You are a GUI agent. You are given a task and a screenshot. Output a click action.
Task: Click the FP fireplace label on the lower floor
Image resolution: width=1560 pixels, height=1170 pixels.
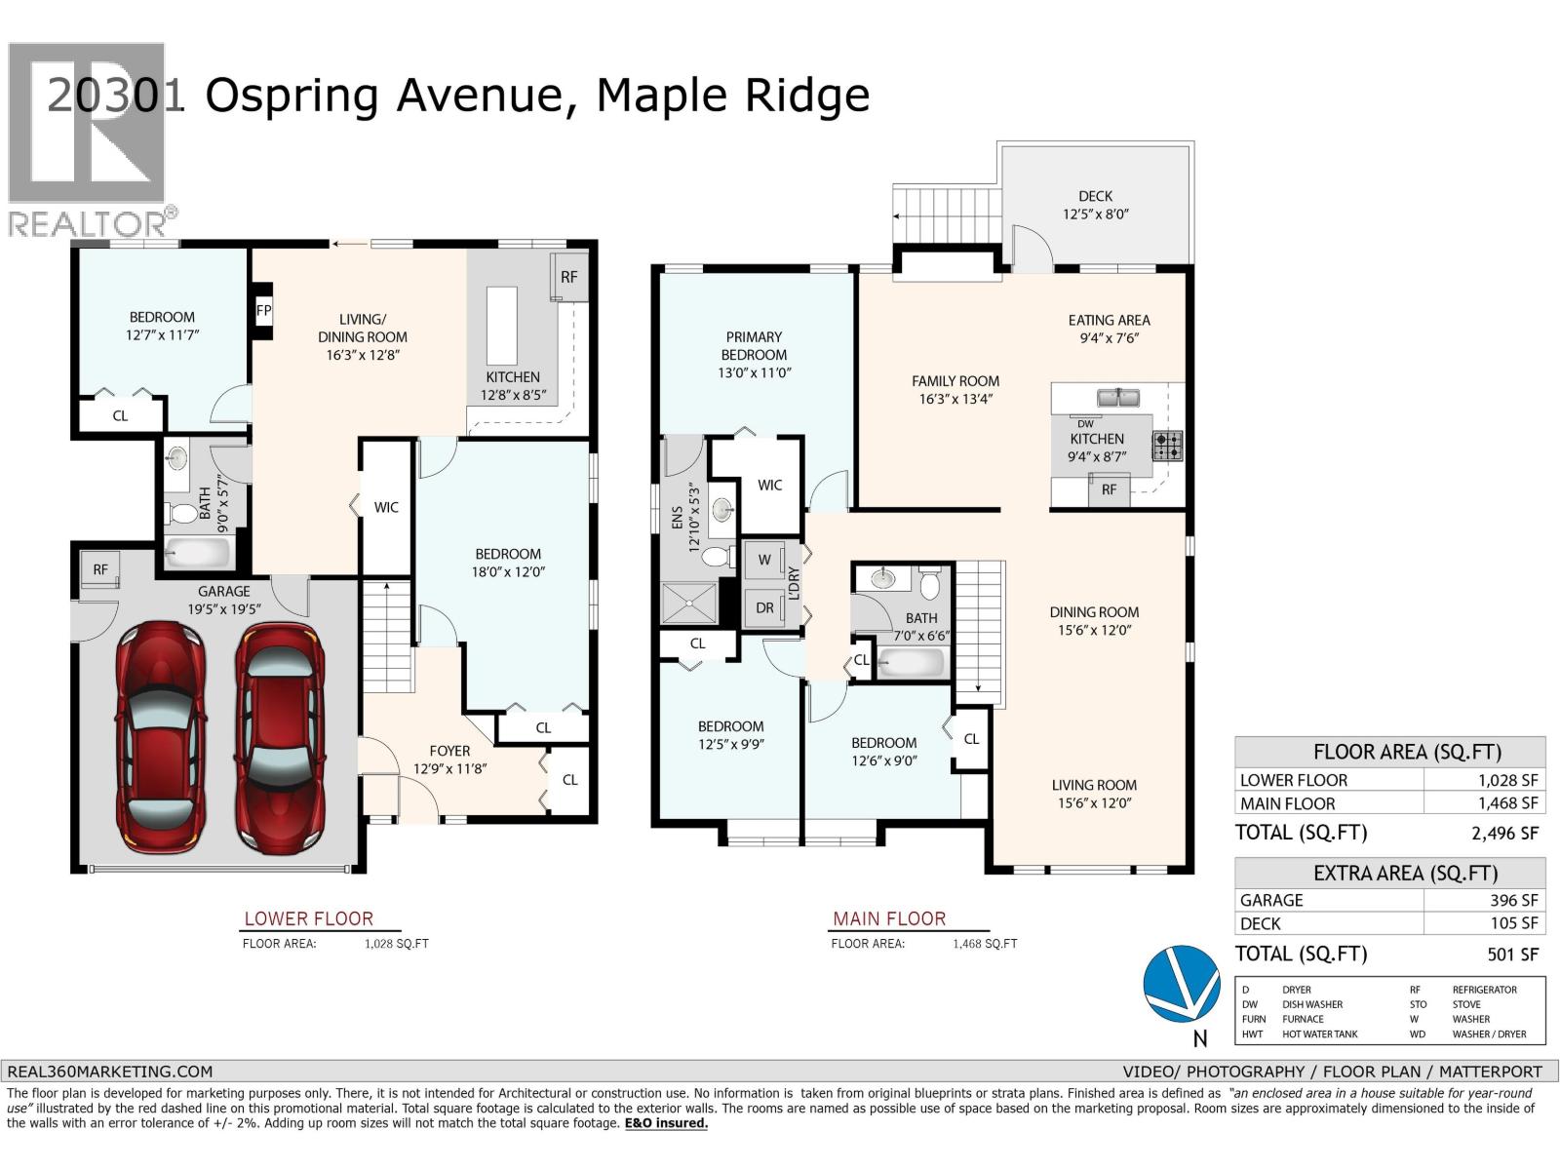pyautogui.click(x=263, y=311)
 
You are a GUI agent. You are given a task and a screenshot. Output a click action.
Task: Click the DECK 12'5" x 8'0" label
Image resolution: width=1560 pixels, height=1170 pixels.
pyautogui.click(x=1095, y=205)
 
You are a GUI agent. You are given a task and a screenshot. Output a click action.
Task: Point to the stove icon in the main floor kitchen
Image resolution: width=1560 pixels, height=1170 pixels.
pyautogui.click(x=1167, y=446)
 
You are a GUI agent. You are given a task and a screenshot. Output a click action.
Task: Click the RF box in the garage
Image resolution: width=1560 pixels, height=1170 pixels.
pyautogui.click(x=100, y=570)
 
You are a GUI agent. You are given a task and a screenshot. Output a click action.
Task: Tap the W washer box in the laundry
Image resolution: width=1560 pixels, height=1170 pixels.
pyautogui.click(x=764, y=560)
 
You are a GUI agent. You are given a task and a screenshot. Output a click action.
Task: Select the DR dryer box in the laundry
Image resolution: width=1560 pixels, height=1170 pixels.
pyautogui.click(x=764, y=607)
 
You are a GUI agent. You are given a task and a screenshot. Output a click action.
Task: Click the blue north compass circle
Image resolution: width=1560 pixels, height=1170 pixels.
pyautogui.click(x=1182, y=984)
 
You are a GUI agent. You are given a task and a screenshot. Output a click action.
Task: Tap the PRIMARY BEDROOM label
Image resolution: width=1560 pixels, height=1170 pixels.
pyautogui.click(x=754, y=346)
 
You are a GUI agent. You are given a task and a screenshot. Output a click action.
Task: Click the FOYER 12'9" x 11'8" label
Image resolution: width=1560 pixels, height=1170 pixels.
pyautogui.click(x=449, y=760)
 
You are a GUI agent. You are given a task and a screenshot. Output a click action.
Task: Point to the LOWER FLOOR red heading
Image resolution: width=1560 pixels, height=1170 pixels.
pyautogui.click(x=308, y=918)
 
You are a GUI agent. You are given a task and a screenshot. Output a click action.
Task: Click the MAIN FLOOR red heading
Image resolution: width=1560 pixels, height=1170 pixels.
pyautogui.click(x=888, y=918)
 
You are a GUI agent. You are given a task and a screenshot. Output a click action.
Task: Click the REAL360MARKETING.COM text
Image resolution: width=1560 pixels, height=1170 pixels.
pyautogui.click(x=109, y=1071)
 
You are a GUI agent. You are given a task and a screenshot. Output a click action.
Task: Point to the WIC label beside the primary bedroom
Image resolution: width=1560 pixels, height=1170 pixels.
pyautogui.click(x=769, y=485)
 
